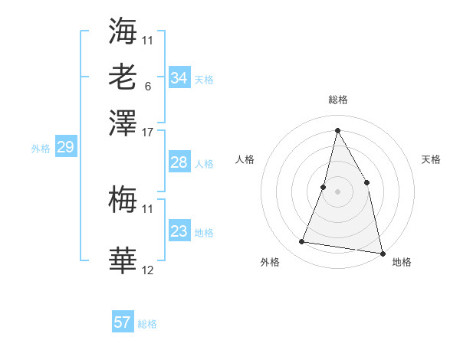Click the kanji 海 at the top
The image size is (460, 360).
coord(123,31)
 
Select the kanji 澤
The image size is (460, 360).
coord(123,123)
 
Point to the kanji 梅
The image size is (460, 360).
coord(123,201)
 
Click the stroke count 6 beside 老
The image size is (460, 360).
coord(147,86)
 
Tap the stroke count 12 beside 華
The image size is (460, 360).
coord(148,270)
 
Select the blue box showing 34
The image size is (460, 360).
coord(179,78)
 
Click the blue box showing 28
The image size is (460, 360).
coord(179,162)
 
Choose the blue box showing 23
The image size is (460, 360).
coord(179,231)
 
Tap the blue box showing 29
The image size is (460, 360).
coord(65,147)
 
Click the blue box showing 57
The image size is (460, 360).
coord(123,322)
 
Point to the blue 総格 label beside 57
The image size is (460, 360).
coord(147,324)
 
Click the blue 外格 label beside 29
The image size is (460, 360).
coord(40,149)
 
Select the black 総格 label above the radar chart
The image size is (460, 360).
coord(337,100)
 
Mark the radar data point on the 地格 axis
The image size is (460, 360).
coord(382,252)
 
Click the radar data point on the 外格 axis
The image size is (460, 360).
coord(302,242)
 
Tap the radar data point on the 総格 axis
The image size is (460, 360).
coord(337,129)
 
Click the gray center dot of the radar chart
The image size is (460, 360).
coord(337,191)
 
